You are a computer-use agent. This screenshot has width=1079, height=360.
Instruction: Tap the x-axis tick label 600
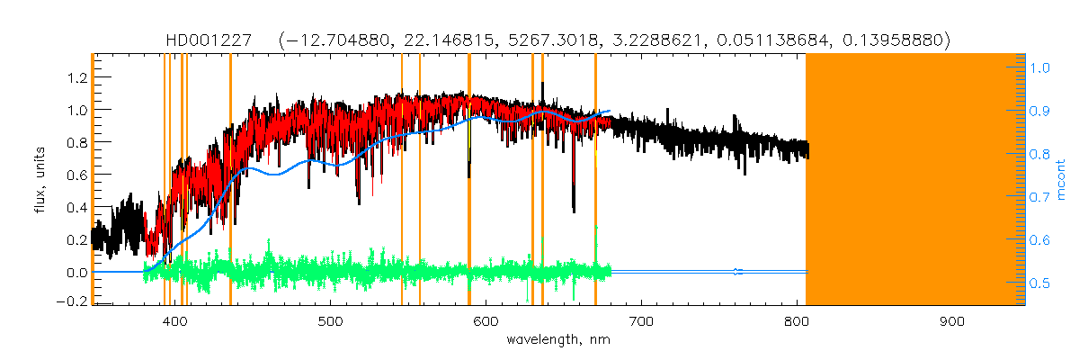pyautogui.click(x=486, y=320)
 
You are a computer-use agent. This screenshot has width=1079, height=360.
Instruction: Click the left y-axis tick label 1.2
pyautogui.click(x=76, y=77)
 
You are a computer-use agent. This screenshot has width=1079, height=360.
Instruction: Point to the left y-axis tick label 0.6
pyautogui.click(x=76, y=175)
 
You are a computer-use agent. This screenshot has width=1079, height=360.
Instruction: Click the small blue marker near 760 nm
pyautogui.click(x=737, y=271)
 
